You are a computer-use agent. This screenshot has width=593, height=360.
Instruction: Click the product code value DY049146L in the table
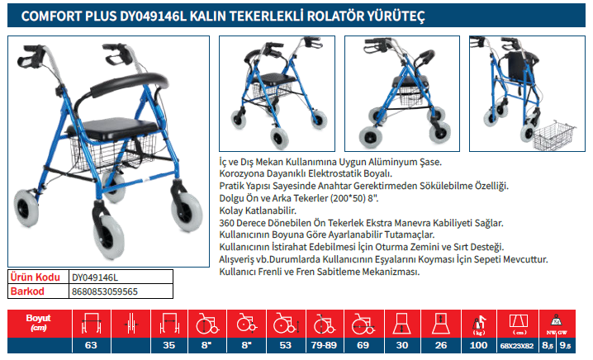95,277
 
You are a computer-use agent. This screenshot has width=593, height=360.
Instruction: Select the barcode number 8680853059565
105,291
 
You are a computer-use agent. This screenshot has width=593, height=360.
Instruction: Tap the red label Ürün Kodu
36,277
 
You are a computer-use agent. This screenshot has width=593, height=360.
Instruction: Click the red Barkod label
27,291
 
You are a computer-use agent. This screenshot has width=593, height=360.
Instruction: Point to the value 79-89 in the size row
324,345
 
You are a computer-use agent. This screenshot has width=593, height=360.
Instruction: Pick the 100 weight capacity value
478,345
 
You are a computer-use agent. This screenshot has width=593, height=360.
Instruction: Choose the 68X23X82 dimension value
517,346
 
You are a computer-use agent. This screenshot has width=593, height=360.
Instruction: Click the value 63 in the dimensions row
91,345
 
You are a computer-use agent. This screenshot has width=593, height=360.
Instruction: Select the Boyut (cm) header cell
39,323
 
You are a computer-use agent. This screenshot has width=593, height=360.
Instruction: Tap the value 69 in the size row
363,345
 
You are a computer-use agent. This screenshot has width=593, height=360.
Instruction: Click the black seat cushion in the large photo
112,127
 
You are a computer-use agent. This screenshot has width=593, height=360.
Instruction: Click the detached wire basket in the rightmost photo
553,135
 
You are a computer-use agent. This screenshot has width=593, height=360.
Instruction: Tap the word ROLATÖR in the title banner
334,17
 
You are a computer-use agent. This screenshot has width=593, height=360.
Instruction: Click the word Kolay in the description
231,211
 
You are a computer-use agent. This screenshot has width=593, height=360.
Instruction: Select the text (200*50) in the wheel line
347,198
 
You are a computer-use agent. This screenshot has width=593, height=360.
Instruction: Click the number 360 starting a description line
226,223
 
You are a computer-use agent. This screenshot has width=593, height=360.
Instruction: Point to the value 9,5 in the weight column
566,346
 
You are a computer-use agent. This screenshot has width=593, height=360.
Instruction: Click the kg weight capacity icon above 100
479,324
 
